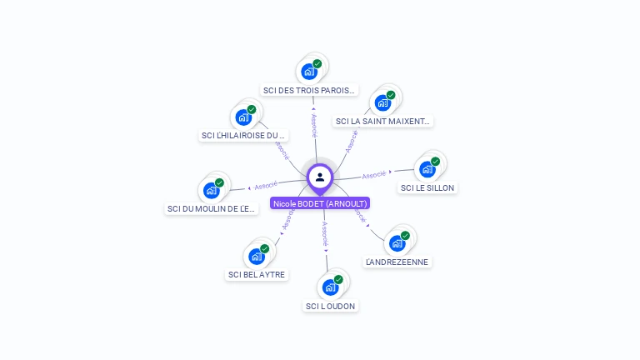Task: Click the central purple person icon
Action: (320, 177)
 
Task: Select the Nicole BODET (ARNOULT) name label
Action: (320, 203)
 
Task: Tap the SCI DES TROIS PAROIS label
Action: (309, 90)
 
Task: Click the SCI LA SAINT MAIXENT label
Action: (382, 121)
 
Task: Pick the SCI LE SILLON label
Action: (427, 187)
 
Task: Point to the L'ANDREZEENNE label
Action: (397, 262)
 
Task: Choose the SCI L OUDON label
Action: (331, 306)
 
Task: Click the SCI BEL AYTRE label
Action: (257, 274)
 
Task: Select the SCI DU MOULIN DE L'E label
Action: (212, 208)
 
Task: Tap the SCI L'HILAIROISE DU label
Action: (243, 135)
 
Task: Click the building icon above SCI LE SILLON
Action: (427, 169)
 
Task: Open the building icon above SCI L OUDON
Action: (331, 287)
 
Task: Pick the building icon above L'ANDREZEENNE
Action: (397, 243)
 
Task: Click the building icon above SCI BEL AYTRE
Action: (257, 256)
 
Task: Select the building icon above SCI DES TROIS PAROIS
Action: (309, 72)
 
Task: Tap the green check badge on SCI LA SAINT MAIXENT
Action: (391, 95)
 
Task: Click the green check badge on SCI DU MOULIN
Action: (220, 182)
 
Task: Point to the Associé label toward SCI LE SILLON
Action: (374, 175)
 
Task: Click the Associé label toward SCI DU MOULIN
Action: (266, 185)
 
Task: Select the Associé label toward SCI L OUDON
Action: (325, 234)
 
